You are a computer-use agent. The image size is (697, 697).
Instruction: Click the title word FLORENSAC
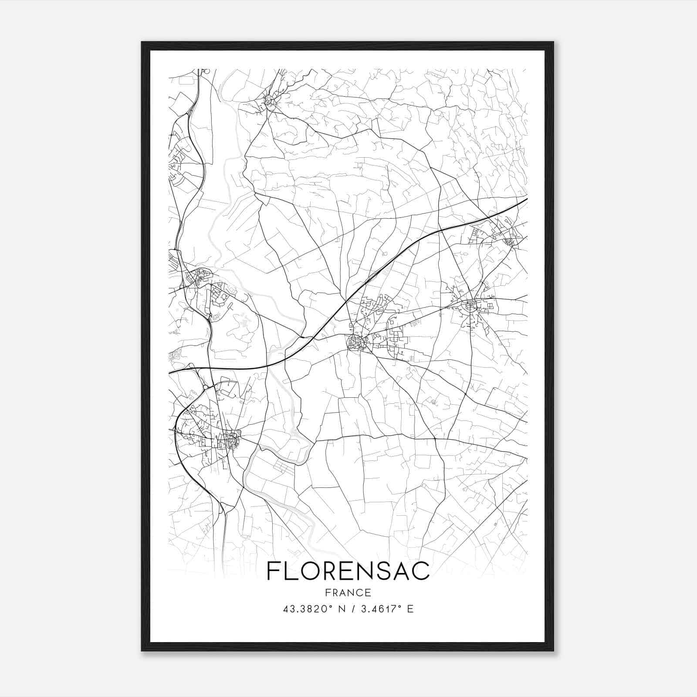(348, 571)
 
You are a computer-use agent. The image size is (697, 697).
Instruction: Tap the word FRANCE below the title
(348, 593)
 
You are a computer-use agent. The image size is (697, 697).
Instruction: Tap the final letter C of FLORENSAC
(421, 571)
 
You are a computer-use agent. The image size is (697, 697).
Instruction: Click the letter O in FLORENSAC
(311, 571)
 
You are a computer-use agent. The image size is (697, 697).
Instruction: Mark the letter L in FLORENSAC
(291, 571)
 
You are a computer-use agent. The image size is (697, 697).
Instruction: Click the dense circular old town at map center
(356, 343)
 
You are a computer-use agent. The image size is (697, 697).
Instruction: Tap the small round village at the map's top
(269, 101)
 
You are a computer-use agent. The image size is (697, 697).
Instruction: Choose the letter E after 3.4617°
(410, 609)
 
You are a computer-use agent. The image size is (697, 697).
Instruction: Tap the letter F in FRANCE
(327, 593)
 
